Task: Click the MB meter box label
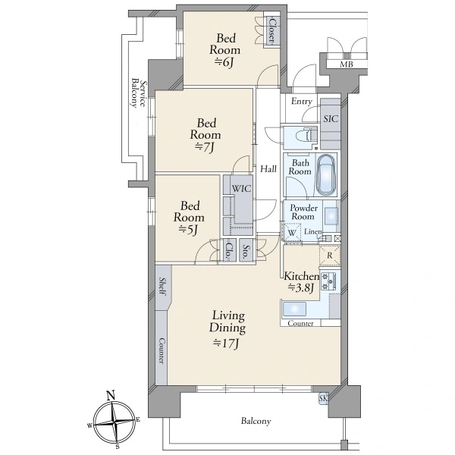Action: tap(347, 64)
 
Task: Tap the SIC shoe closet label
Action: tap(331, 119)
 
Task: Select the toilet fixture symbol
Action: tap(306, 135)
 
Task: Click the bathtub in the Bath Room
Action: tap(326, 174)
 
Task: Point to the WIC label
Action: tap(241, 189)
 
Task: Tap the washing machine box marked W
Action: tap(292, 233)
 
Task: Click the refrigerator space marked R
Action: tap(330, 256)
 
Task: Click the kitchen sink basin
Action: tap(294, 309)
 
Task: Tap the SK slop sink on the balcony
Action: tap(323, 398)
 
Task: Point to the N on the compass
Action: tap(110, 395)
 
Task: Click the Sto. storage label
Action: tap(246, 252)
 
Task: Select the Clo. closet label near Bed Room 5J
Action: tap(229, 250)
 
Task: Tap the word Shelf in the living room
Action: tap(162, 287)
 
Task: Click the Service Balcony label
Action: tap(138, 93)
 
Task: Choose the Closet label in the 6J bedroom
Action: tap(271, 30)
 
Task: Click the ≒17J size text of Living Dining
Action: tap(226, 344)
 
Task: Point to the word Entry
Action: tap(302, 102)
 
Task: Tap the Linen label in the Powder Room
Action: tap(313, 231)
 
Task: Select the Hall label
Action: tap(268, 169)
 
